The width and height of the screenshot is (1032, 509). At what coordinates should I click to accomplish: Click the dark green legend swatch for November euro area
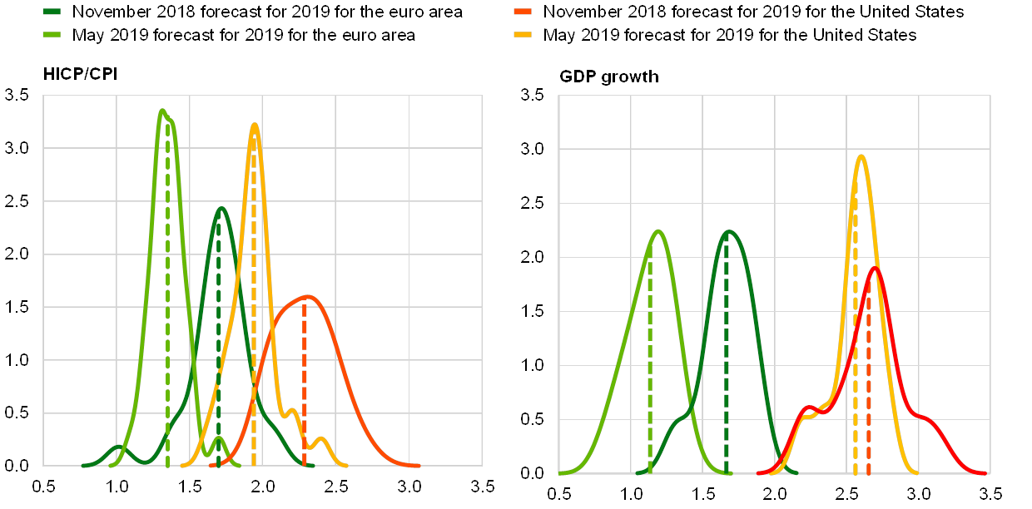click(x=52, y=12)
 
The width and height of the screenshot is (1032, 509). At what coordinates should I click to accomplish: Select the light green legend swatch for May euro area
click(x=52, y=36)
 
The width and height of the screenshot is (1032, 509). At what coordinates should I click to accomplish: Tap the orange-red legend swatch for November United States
click(x=523, y=12)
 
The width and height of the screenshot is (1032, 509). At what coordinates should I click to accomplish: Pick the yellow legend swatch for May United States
click(x=523, y=36)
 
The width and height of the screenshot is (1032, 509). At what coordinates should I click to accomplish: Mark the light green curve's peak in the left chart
click(x=162, y=111)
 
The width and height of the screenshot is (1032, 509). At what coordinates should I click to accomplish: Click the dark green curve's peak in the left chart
click(x=221, y=208)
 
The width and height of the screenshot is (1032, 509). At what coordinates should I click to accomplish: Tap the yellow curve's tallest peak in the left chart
click(x=255, y=125)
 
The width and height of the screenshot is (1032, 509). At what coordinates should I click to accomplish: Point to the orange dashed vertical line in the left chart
click(x=304, y=374)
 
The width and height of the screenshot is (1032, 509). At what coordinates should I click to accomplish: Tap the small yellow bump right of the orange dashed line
click(x=322, y=438)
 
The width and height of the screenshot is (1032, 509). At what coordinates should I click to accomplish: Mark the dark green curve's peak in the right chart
click(x=729, y=231)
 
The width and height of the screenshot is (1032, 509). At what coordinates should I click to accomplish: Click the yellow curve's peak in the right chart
click(x=862, y=156)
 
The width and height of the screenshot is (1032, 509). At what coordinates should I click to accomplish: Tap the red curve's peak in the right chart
click(x=876, y=267)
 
